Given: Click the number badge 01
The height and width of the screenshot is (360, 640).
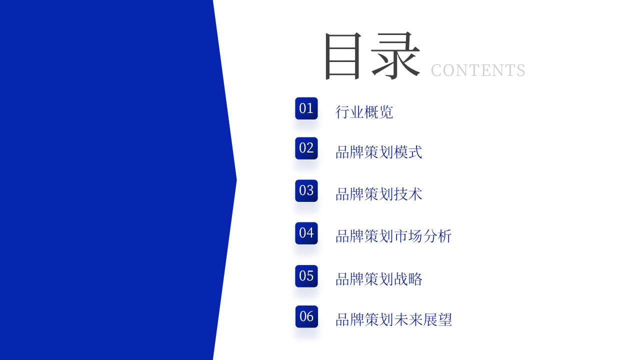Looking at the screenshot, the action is (x=306, y=108).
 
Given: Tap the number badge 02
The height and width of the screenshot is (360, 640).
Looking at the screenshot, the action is (x=306, y=148).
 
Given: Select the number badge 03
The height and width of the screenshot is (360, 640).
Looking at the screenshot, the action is (x=306, y=190).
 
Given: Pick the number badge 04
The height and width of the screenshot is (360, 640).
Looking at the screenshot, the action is (x=306, y=233).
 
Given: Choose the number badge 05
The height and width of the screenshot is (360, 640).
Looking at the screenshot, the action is (x=306, y=276).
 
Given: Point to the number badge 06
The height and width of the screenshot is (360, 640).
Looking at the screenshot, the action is (x=306, y=316).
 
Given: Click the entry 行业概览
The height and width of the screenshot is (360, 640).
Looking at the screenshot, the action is (x=364, y=112).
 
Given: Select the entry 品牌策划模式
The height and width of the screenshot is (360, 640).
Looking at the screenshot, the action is (x=379, y=152).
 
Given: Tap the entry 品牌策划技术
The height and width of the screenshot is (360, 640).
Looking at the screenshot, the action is (x=379, y=194).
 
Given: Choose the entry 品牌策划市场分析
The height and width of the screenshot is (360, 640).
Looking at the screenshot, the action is (x=393, y=236).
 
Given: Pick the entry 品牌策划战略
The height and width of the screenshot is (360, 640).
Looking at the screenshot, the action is (x=379, y=279).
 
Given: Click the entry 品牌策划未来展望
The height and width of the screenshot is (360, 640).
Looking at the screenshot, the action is (x=393, y=319).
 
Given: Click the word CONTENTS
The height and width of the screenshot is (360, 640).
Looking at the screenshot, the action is (x=478, y=70).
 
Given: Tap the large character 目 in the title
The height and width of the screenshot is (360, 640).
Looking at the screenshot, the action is (x=343, y=56).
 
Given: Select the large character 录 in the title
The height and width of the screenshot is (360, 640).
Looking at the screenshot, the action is (x=395, y=55).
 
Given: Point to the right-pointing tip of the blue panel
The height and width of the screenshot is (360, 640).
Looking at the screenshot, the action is (x=236, y=180).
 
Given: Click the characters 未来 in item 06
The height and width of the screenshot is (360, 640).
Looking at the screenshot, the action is (x=408, y=319).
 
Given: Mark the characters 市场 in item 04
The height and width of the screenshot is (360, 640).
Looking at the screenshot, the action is (x=408, y=236).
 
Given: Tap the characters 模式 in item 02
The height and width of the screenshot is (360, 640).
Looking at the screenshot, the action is (x=408, y=152).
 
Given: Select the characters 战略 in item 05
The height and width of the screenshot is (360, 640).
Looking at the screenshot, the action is (x=408, y=279).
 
